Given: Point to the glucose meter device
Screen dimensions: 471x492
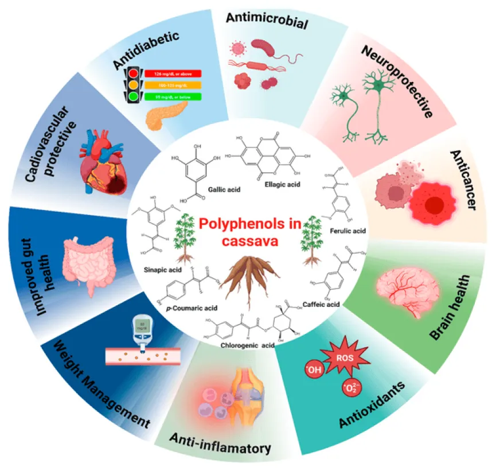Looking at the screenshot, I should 139,333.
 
